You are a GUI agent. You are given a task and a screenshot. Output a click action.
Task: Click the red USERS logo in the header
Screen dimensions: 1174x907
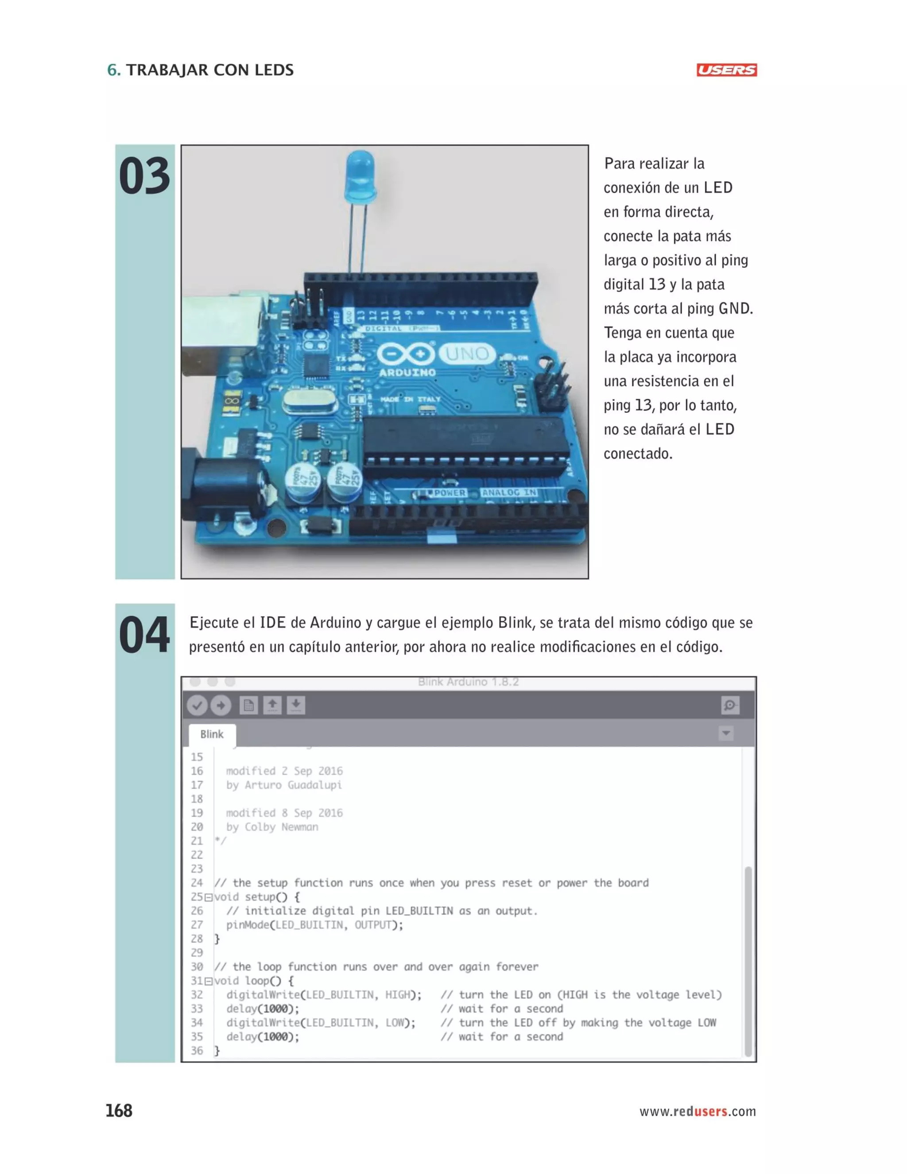[726, 70]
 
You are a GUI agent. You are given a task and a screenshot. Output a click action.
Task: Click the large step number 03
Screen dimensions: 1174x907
[144, 176]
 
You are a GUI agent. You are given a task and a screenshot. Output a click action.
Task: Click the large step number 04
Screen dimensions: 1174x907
[144, 635]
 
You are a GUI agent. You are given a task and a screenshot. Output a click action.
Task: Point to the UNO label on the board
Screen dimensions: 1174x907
[467, 354]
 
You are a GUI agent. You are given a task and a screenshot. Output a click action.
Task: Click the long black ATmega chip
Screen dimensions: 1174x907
[465, 441]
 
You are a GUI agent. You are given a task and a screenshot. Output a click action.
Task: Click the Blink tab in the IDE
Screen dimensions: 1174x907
[212, 734]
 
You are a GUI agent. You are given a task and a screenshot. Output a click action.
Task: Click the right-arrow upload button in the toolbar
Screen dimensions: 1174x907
[220, 705]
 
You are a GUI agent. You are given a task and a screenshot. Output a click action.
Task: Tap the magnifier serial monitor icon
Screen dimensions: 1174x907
[730, 705]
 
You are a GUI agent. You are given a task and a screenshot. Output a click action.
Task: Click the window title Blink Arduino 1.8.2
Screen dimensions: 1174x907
[468, 682]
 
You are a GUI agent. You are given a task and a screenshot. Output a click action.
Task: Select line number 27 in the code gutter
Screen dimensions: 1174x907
[197, 925]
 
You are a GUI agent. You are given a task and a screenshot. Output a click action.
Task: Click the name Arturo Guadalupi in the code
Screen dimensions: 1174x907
[293, 785]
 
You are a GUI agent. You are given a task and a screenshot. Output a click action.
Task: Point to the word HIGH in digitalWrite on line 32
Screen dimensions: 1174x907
[397, 995]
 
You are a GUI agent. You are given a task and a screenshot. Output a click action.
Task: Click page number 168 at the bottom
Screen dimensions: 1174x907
[119, 1111]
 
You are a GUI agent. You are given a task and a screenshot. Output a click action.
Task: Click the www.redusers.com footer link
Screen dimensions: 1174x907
[697, 1111]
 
